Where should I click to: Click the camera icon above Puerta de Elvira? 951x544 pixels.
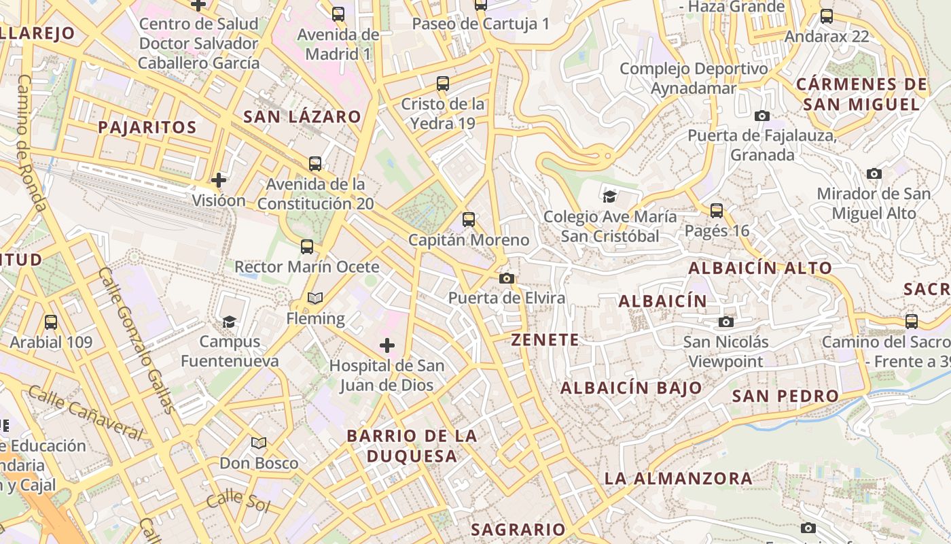coord(506,278)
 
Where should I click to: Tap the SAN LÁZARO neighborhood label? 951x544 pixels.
coord(302,116)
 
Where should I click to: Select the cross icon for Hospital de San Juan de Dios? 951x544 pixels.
coord(387,345)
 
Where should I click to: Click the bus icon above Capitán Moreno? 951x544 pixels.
coord(469,220)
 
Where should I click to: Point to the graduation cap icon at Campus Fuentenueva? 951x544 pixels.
coord(230,322)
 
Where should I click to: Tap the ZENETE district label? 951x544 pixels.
coord(545,340)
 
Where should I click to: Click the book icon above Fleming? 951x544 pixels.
coord(315,298)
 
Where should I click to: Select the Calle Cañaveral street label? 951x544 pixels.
coord(86,413)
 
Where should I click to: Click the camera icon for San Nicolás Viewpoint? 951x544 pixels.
coord(726,322)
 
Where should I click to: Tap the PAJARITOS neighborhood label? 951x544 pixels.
coord(147,127)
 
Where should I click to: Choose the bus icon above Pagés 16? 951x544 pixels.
coord(717,211)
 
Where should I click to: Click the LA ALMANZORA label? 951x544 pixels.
coord(678,478)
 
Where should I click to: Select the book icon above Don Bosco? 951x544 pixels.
coord(259,443)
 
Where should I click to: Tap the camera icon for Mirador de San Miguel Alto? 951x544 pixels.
coord(874,174)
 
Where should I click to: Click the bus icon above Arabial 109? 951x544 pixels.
coord(51,322)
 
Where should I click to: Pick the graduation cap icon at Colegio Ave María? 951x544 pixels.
coord(609,197)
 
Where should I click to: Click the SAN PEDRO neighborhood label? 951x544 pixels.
coord(785,396)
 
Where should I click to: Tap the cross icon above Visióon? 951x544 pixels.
coord(218,180)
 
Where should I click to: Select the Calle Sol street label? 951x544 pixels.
coord(238,500)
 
